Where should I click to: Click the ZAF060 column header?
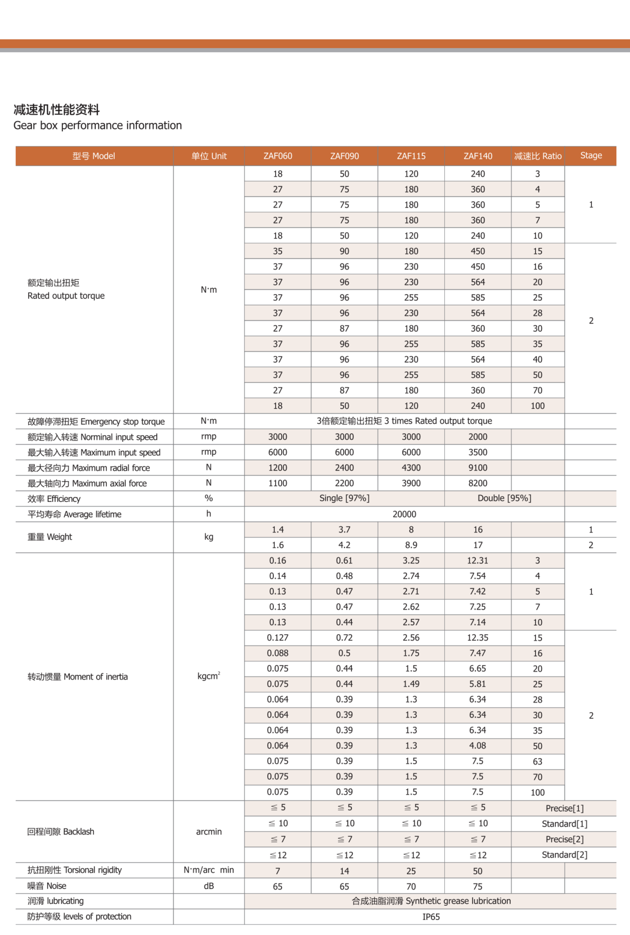click(278, 156)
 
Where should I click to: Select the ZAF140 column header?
click(478, 156)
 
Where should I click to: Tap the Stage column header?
click(591, 156)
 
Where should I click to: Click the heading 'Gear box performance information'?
click(98, 125)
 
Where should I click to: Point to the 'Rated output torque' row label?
click(66, 296)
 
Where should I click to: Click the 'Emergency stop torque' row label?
click(96, 421)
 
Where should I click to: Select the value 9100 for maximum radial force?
click(478, 468)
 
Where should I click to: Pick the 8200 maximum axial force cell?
click(478, 483)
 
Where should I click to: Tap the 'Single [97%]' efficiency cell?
click(344, 498)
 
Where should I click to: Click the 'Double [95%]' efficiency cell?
click(504, 498)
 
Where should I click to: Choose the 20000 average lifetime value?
click(404, 514)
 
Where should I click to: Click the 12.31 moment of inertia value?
click(478, 561)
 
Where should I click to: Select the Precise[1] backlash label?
click(564, 808)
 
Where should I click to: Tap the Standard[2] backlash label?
click(564, 855)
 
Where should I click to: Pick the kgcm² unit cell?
click(208, 676)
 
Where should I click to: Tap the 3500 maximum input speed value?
click(478, 452)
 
